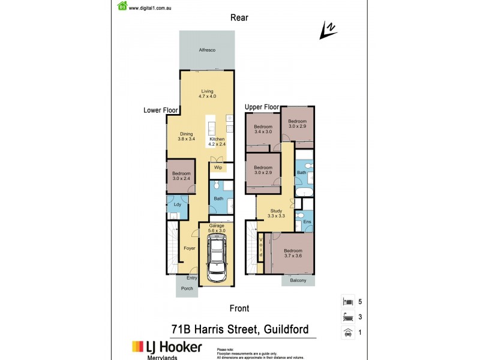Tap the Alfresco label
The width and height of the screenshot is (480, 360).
click(x=207, y=49)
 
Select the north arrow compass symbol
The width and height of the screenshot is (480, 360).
click(x=328, y=30)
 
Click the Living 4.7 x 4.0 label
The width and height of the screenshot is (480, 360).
click(x=208, y=94)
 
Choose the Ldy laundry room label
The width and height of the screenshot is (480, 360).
click(x=177, y=205)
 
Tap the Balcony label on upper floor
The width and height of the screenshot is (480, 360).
click(x=298, y=281)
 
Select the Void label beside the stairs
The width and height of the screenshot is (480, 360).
click(x=261, y=246)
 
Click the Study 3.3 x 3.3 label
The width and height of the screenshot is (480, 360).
click(x=276, y=213)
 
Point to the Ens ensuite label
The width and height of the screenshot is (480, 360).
click(x=307, y=223)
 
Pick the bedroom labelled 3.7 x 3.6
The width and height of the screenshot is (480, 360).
click(x=293, y=253)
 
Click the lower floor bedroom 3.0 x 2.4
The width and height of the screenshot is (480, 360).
click(x=181, y=176)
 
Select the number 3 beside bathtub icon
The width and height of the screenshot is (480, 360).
click(x=360, y=317)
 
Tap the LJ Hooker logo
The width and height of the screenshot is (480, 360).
click(x=167, y=347)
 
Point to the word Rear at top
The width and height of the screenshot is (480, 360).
click(x=239, y=17)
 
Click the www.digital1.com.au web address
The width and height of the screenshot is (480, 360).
click(x=151, y=8)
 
